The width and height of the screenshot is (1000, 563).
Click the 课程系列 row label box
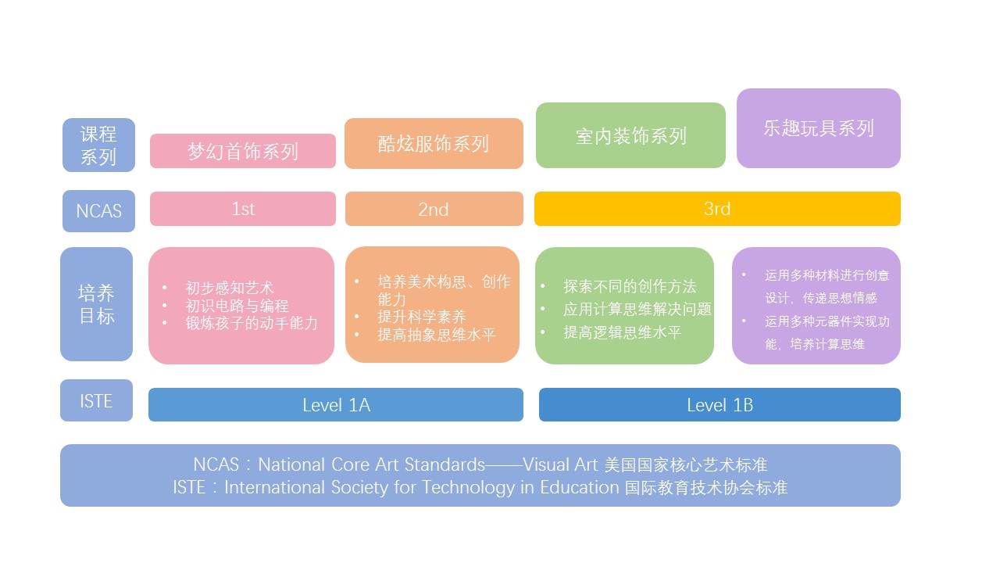point(98,145)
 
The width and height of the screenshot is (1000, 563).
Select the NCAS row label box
point(98,210)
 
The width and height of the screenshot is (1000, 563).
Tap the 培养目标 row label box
point(97,304)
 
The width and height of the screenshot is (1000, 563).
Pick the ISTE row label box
point(96,400)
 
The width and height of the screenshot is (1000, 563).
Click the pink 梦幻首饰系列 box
point(242,151)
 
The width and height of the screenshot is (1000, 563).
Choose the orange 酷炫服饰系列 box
point(434,143)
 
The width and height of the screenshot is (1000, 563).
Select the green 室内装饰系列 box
point(630,135)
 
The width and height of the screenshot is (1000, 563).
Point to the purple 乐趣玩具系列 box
point(818,127)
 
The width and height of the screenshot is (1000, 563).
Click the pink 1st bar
point(242,209)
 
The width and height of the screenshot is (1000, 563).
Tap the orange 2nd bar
point(434,209)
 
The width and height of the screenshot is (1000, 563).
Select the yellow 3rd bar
point(716,209)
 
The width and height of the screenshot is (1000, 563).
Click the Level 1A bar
point(335,404)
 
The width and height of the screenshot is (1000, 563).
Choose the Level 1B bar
point(719,404)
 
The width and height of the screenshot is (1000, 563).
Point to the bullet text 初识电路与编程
point(237,306)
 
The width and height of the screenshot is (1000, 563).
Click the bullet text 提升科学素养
point(421,317)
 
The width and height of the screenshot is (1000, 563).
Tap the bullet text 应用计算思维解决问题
point(637,310)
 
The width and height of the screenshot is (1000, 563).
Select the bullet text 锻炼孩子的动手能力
point(251,323)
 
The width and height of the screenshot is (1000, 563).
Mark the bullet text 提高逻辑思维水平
point(622,332)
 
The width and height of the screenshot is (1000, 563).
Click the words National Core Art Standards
point(372,464)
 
